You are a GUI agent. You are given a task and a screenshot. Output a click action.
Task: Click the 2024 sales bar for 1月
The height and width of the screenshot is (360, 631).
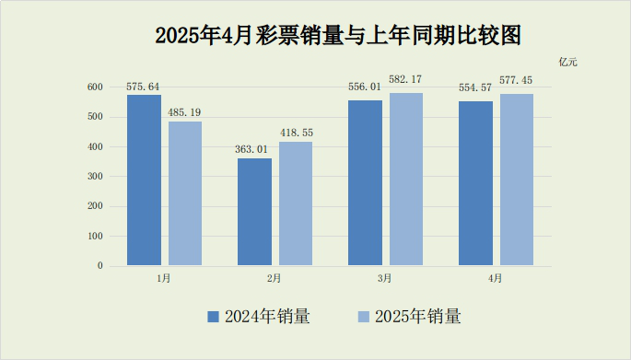click(x=144, y=180)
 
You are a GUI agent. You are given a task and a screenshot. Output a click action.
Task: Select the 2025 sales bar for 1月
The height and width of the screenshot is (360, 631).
click(x=184, y=193)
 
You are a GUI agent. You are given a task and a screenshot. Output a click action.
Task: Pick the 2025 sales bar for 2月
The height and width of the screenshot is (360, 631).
click(x=296, y=203)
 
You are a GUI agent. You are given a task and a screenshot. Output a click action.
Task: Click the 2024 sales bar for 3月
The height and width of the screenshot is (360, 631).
click(x=365, y=183)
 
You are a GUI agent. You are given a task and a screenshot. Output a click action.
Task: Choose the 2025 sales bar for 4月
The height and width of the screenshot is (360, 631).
click(x=517, y=180)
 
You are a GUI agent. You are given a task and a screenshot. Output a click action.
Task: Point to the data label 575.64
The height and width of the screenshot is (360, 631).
click(x=144, y=86)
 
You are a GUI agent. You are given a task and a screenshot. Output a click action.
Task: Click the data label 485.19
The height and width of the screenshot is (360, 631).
click(x=184, y=112)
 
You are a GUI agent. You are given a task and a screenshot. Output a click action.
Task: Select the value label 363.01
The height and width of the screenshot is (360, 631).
click(x=254, y=149)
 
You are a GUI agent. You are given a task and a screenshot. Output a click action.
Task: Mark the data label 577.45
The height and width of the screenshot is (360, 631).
click(x=517, y=85)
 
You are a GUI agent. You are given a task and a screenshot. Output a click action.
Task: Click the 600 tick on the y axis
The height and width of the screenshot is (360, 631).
click(x=95, y=87)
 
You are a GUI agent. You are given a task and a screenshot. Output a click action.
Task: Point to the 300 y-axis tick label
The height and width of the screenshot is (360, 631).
click(x=95, y=177)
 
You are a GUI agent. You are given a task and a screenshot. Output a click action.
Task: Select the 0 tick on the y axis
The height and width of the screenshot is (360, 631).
click(x=100, y=266)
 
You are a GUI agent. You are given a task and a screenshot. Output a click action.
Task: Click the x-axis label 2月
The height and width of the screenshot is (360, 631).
click(x=275, y=278)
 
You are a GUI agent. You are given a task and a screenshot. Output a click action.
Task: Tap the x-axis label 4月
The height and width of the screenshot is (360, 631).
click(x=496, y=278)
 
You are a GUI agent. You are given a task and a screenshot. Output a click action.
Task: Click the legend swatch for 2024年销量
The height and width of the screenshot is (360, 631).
click(x=213, y=317)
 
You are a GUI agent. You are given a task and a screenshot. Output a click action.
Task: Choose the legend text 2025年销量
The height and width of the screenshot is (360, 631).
click(x=418, y=317)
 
